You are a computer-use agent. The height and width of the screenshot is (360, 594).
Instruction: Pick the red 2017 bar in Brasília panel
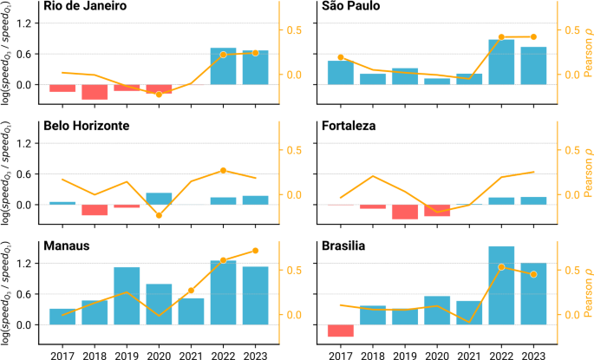click(x=341, y=331)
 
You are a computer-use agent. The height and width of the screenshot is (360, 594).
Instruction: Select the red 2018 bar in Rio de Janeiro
click(x=94, y=92)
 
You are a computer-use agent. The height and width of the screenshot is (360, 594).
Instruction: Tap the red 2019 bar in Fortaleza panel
click(x=405, y=212)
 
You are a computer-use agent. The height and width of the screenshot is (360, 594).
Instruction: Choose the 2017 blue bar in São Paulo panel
click(x=341, y=72)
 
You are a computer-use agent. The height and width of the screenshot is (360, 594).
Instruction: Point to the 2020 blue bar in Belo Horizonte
click(x=159, y=199)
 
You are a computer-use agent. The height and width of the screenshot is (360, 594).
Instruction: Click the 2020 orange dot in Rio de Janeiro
click(x=159, y=94)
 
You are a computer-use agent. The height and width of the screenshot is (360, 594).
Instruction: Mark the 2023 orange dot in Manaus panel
click(x=255, y=251)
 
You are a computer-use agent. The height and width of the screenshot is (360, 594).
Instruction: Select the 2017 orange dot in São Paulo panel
click(x=341, y=57)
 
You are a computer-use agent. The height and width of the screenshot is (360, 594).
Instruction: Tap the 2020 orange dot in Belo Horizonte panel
click(x=159, y=215)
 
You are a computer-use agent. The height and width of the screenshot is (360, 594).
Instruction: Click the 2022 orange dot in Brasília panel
click(x=501, y=267)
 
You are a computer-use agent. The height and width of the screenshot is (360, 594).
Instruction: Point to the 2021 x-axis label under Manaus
click(x=191, y=354)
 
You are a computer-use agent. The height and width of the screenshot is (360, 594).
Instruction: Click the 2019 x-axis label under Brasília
click(x=405, y=354)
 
